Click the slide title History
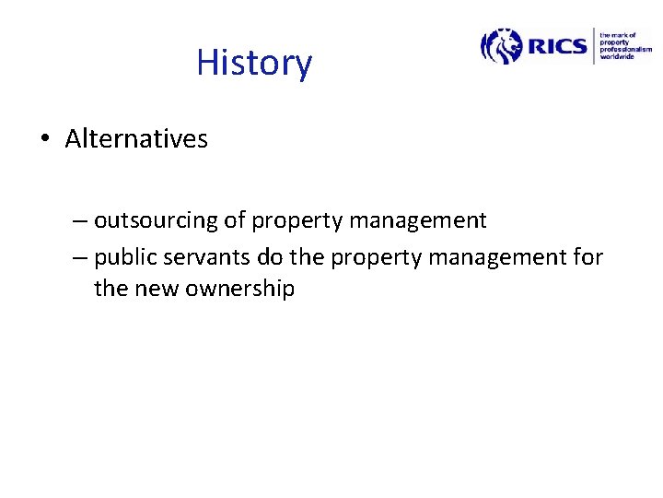click(254, 63)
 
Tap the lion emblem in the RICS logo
click(501, 45)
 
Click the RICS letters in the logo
click(556, 45)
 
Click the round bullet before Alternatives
click(44, 140)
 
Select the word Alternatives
click(136, 139)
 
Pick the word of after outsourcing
click(235, 220)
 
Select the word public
click(121, 257)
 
